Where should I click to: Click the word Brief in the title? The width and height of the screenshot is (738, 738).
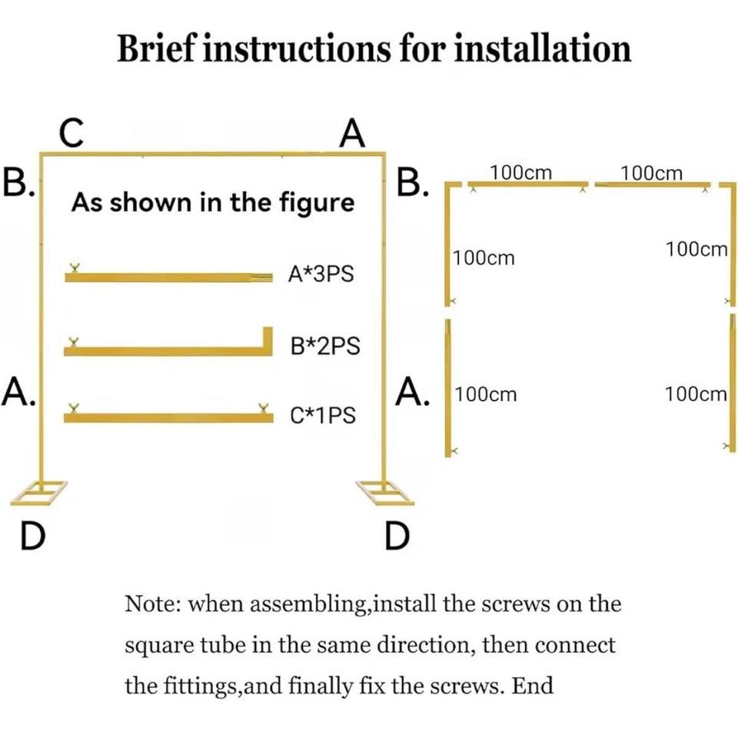click(x=156, y=48)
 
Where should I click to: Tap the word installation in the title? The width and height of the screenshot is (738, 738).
click(x=542, y=48)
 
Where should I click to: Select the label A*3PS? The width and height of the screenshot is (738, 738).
click(x=321, y=274)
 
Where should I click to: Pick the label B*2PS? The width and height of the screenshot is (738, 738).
click(x=325, y=346)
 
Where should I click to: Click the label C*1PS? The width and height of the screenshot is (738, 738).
click(x=323, y=415)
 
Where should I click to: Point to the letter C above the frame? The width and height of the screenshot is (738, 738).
click(x=71, y=132)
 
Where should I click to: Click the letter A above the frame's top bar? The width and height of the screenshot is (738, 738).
click(x=352, y=133)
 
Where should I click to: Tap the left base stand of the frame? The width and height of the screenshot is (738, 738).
click(x=38, y=493)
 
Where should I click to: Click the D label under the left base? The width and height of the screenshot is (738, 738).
click(x=32, y=536)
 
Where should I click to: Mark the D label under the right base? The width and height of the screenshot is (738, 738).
click(x=397, y=536)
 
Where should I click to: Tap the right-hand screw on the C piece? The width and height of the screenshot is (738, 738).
click(x=264, y=407)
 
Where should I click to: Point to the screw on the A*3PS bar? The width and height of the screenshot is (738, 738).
click(x=74, y=268)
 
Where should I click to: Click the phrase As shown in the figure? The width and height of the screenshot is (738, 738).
click(x=213, y=202)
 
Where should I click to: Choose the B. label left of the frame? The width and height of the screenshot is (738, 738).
click(x=18, y=183)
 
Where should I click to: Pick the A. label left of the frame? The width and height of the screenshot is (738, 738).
click(x=18, y=391)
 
